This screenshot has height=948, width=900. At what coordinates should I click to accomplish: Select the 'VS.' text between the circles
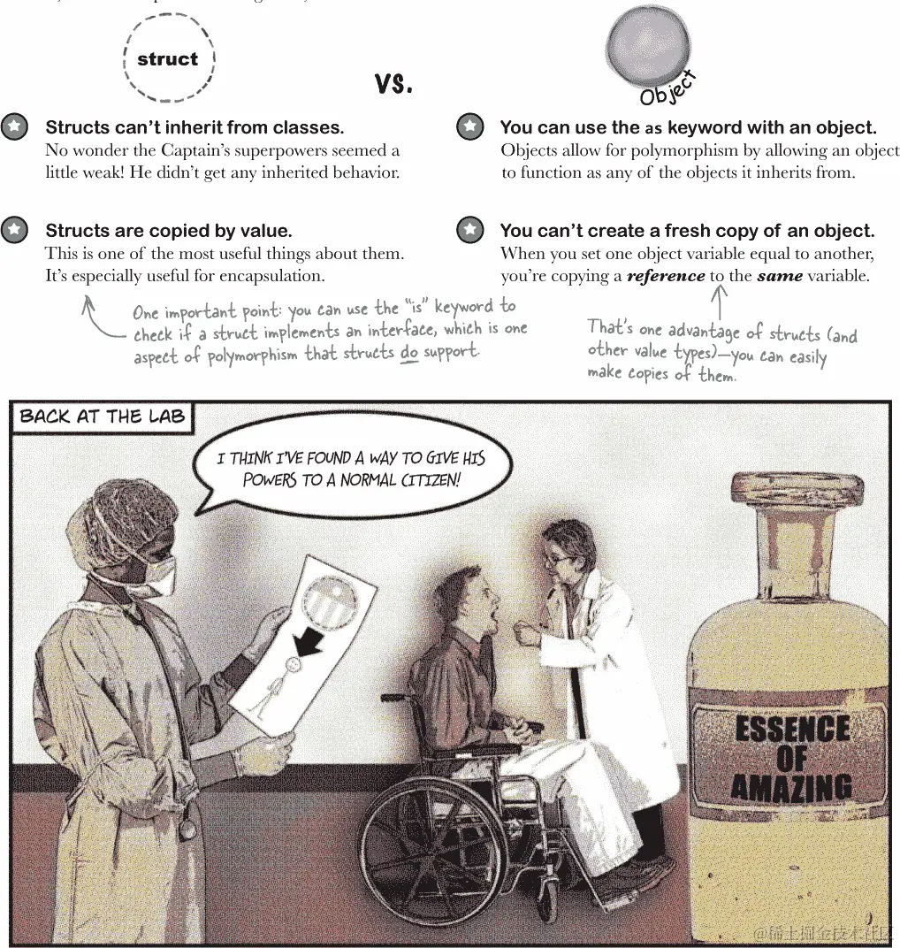click(x=393, y=84)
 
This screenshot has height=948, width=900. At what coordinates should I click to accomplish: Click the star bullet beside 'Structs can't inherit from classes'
click(x=14, y=127)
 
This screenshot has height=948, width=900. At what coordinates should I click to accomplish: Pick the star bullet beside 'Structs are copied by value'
click(x=14, y=230)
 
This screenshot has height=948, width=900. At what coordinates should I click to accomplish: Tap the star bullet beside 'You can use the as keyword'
click(x=469, y=127)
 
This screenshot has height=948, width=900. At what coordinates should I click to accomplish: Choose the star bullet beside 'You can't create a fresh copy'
click(x=469, y=230)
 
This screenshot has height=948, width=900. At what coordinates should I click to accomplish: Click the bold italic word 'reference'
click(x=666, y=276)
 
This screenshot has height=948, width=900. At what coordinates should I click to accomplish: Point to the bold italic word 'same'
click(x=780, y=276)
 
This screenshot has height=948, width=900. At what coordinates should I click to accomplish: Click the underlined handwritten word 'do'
click(x=409, y=353)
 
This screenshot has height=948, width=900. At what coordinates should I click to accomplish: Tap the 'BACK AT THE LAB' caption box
click(x=103, y=417)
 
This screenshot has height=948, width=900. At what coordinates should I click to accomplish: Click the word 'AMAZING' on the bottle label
click(x=791, y=788)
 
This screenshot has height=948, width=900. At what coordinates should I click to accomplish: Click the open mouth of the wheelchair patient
click(x=493, y=618)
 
